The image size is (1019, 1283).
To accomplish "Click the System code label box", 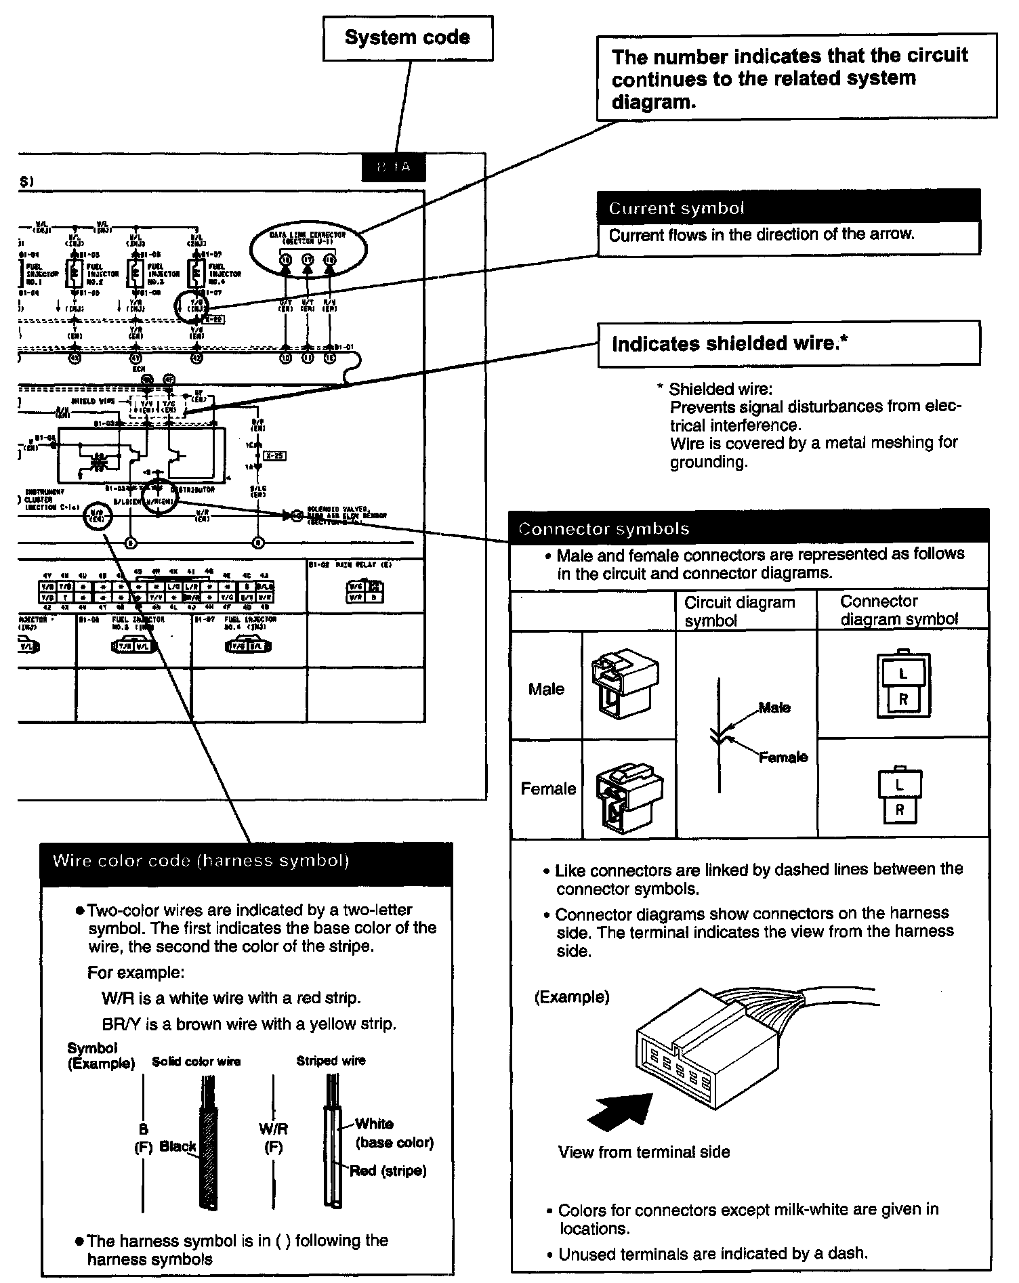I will [407, 38].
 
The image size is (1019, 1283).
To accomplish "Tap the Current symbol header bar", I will [789, 207].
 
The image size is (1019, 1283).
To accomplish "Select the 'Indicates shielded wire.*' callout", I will [789, 344].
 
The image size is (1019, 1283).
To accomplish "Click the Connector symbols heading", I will [749, 528].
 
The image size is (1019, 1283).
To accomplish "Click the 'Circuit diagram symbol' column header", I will [739, 611].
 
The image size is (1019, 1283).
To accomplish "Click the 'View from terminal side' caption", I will [644, 1152].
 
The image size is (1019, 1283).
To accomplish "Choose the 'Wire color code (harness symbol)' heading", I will [201, 861].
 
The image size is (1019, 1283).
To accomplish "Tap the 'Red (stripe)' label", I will [388, 1171].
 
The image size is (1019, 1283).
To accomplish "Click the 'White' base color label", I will [374, 1124].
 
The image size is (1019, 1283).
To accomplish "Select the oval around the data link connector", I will [308, 251].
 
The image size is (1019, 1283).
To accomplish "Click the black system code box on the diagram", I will [394, 167].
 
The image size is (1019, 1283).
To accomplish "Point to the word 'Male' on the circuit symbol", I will [774, 707].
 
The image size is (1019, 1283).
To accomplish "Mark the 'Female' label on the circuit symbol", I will [783, 757].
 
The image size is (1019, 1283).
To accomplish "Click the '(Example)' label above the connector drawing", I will [572, 997].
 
